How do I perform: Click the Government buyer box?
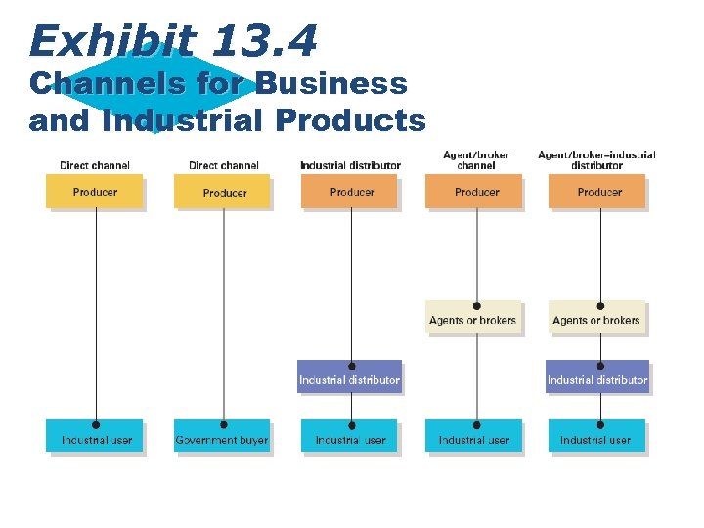(222, 437)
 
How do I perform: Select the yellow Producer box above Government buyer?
(223, 192)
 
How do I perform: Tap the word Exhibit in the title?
(112, 41)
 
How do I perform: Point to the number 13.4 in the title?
(264, 41)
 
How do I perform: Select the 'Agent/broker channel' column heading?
(475, 159)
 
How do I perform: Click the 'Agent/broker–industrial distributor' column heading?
(596, 159)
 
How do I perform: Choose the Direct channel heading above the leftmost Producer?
(95, 165)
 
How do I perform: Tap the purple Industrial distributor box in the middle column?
(350, 377)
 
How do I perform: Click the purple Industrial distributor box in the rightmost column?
(597, 377)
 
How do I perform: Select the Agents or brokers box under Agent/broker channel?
(474, 318)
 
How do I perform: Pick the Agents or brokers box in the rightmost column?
(596, 318)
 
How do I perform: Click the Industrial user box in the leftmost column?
(95, 437)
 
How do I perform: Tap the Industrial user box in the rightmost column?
(596, 437)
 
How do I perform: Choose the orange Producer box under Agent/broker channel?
(475, 192)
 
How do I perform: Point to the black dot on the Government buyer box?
(224, 425)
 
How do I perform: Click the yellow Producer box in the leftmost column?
(95, 192)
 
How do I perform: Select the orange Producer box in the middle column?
(350, 192)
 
